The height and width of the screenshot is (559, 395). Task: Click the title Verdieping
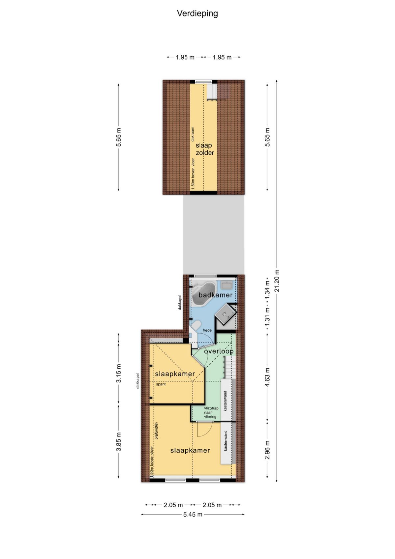[x=197, y=14]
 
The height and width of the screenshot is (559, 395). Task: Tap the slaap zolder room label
[x=205, y=149]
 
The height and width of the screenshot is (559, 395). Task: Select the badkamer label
[x=216, y=295]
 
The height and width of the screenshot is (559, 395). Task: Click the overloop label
[x=219, y=351]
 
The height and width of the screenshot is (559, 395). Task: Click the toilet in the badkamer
[x=197, y=326]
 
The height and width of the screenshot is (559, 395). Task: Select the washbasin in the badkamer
[x=227, y=285]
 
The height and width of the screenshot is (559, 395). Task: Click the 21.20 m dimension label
[x=277, y=281]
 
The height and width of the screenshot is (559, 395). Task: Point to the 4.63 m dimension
[x=267, y=377]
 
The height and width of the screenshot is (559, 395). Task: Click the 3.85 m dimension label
[x=119, y=441]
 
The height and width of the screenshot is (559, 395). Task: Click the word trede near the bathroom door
[x=207, y=330]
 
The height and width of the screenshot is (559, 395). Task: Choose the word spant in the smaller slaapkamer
[x=161, y=384]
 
